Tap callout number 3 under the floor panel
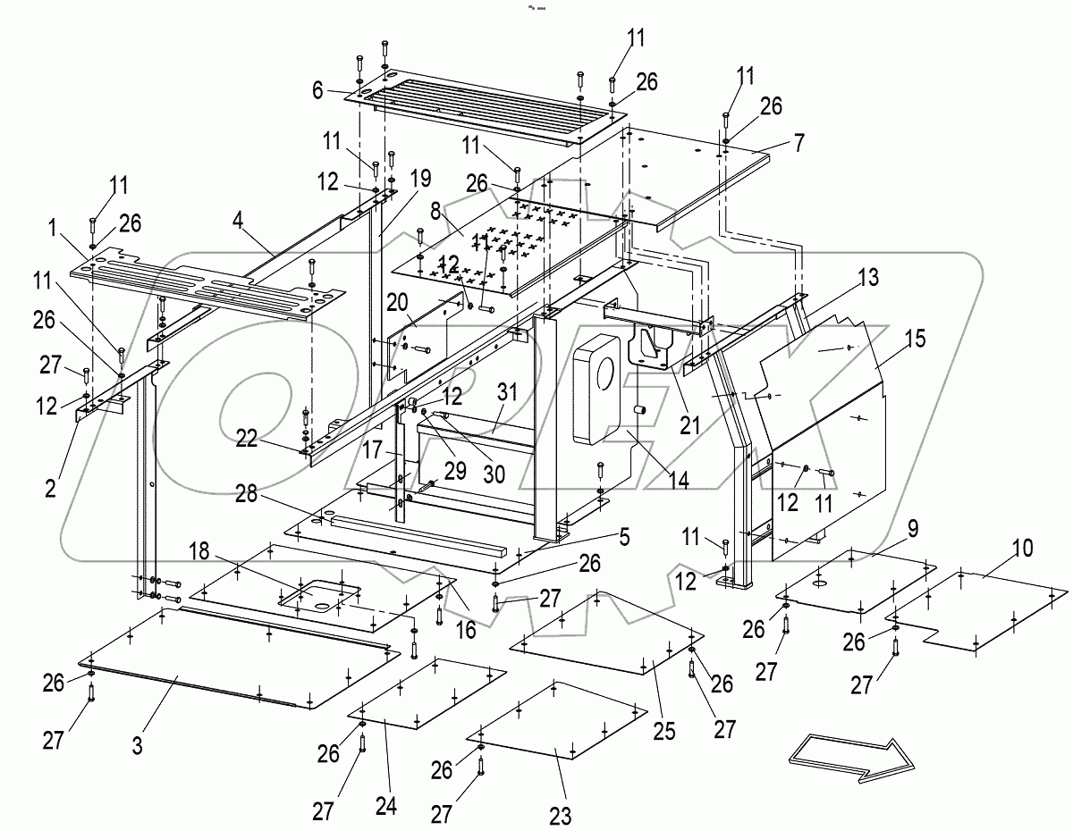(x=138, y=747)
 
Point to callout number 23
(x=562, y=815)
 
